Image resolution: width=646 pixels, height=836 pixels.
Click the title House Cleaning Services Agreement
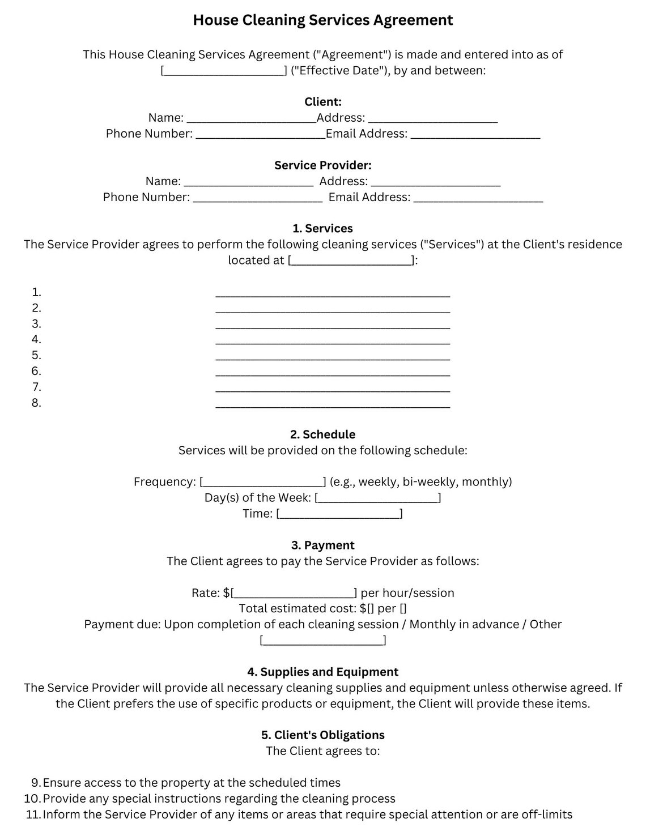pos(322,20)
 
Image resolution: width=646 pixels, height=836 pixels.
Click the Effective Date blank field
pos(224,71)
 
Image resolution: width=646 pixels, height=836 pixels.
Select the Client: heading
pos(322,102)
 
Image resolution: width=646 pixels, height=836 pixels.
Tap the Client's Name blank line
pos(251,119)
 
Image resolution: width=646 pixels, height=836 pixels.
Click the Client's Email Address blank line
pos(475,135)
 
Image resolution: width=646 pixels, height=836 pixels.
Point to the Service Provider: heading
pos(322,165)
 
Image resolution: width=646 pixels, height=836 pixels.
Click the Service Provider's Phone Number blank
pos(257,198)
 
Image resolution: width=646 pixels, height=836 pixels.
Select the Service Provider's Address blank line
pos(435,182)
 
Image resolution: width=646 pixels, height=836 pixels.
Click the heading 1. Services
pos(322,229)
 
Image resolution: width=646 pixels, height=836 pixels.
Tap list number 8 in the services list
pos(36,403)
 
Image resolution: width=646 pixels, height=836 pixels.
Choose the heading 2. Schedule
pos(322,435)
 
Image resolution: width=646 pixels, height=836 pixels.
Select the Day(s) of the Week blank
pos(378,498)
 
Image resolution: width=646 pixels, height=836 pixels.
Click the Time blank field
pos(339,514)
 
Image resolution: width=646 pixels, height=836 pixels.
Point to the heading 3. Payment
pos(322,545)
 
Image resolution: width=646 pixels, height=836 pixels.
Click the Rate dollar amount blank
pos(294,594)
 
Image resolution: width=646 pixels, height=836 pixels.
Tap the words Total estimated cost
pos(297,609)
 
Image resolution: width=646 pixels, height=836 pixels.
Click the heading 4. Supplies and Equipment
pos(322,672)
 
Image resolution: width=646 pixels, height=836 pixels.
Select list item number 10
pos(32,799)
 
